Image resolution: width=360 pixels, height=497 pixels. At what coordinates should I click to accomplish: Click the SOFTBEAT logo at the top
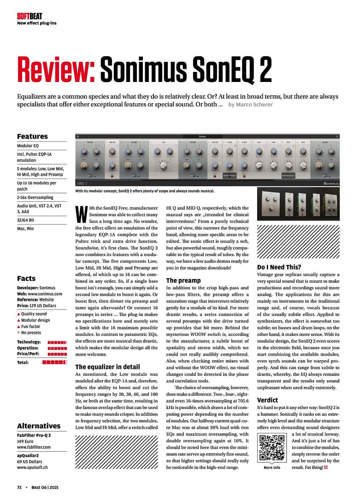30,16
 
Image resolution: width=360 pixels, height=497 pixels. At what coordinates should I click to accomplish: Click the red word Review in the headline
56,70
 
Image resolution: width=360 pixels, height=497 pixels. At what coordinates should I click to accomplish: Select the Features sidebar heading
32,136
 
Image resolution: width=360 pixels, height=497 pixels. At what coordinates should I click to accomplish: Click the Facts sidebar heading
26,278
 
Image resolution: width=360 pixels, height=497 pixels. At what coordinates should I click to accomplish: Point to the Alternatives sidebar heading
39,426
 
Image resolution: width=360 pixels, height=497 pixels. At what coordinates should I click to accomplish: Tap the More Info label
271,468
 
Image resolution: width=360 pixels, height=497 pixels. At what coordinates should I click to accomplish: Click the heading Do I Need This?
279,267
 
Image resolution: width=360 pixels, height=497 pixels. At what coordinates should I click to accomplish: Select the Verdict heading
267,400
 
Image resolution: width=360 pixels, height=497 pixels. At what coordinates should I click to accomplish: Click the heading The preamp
183,280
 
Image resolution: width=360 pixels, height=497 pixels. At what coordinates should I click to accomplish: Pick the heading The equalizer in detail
107,367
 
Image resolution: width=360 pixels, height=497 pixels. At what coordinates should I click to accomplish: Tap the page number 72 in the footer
19,487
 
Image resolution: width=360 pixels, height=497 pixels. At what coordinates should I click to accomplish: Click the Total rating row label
23,363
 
